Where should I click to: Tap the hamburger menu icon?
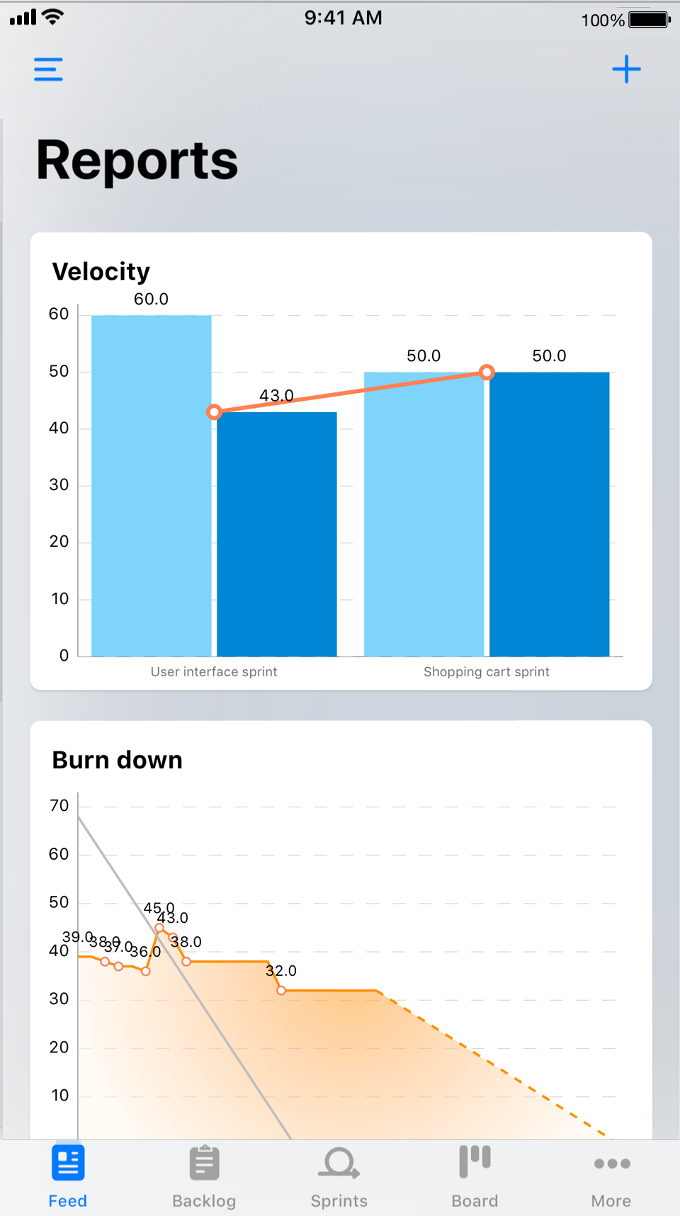[48, 69]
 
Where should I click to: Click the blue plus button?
[626, 69]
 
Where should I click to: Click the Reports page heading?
[137, 161]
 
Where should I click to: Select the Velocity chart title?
[101, 271]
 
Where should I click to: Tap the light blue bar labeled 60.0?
[152, 485]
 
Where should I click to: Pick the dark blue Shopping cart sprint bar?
[550, 513]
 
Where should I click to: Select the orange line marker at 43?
[214, 411]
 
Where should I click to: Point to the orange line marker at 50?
[487, 372]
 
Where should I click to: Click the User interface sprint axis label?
[214, 671]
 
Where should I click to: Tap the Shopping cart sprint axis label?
[487, 671]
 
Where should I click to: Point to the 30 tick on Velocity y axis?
[59, 485]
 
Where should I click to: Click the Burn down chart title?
[118, 760]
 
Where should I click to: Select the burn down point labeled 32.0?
[281, 990]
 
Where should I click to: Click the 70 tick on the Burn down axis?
[59, 806]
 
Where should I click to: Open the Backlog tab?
[204, 1176]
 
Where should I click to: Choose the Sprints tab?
[339, 1176]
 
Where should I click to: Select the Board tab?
[475, 1176]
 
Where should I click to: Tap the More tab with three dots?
[611, 1176]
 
